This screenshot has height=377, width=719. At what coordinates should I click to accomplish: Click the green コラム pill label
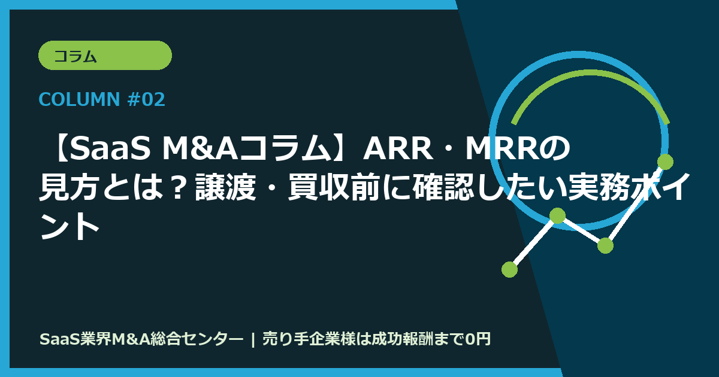[105, 56]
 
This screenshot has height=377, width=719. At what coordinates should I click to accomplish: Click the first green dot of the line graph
[509, 269]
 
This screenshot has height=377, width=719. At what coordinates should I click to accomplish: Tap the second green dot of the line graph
[557, 215]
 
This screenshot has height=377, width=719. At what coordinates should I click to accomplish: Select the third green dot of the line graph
[605, 245]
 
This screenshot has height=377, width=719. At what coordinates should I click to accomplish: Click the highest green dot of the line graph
[665, 162]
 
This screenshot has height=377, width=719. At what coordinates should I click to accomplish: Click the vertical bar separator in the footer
[253, 339]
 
